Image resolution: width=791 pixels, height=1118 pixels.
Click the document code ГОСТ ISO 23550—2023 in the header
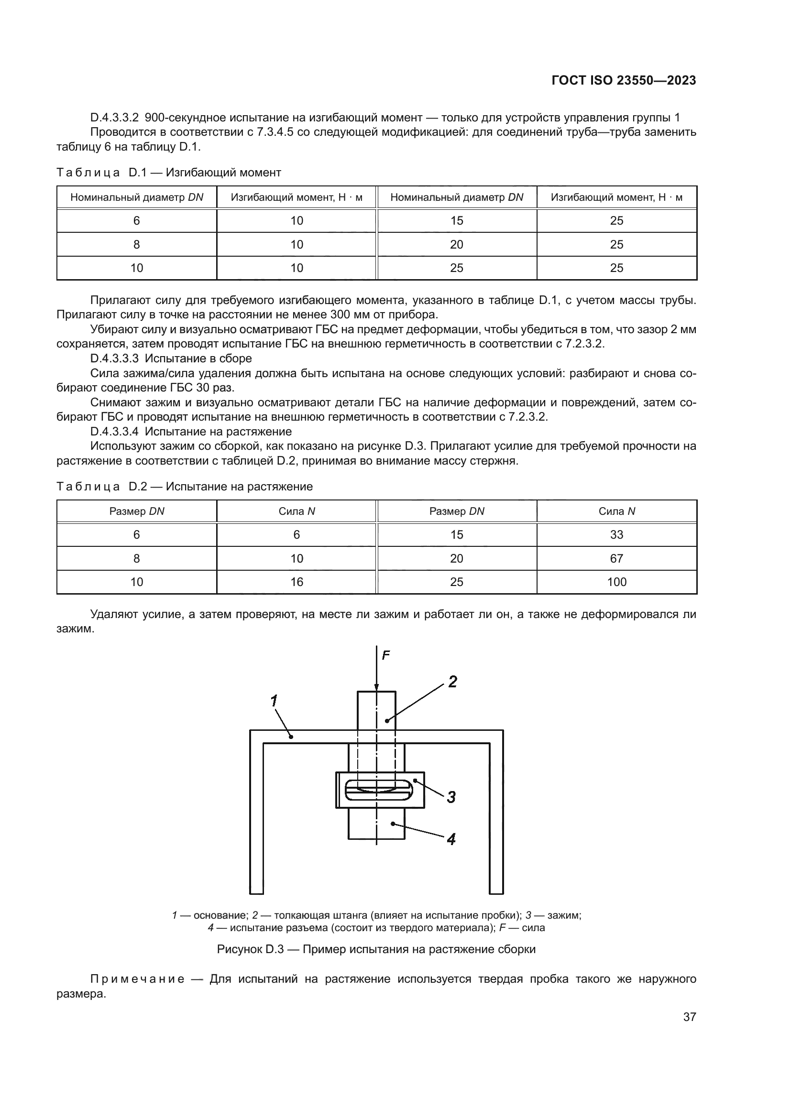[624, 80]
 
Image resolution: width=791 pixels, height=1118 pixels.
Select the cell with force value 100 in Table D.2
[616, 582]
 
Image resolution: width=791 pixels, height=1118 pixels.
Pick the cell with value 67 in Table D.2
[616, 558]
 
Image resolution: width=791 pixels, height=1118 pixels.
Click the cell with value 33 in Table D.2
[616, 535]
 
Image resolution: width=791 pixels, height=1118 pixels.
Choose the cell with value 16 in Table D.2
[297, 582]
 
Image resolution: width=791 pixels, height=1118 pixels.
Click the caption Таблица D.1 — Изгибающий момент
[168, 173]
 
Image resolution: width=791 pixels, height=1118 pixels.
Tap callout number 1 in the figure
[274, 701]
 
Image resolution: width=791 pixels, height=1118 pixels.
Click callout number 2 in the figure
[452, 682]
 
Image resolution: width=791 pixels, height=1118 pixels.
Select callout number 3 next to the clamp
[451, 797]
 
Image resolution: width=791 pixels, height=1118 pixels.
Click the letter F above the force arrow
[386, 655]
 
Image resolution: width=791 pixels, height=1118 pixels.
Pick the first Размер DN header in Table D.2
[136, 511]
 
